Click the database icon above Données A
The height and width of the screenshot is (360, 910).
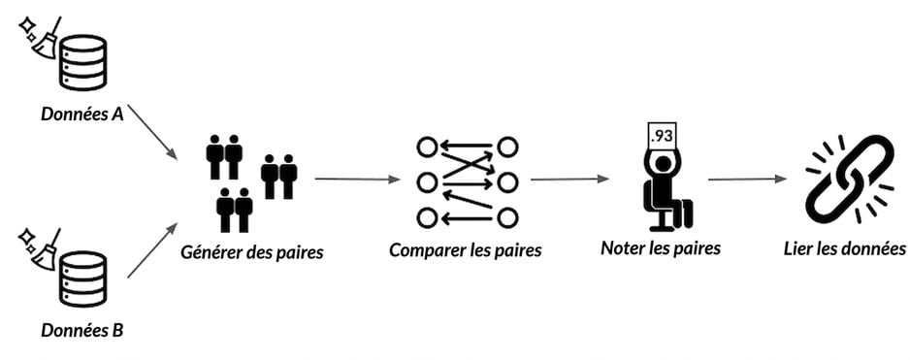click(x=84, y=62)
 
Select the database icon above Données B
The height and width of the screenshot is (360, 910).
click(x=84, y=278)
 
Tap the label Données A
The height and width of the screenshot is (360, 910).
click(x=81, y=114)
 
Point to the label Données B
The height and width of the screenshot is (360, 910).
click(x=81, y=331)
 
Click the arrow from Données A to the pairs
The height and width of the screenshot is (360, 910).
click(x=152, y=132)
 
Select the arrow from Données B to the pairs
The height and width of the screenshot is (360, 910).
click(x=152, y=249)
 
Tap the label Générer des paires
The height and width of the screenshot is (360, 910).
click(x=252, y=253)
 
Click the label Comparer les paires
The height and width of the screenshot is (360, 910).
click(x=466, y=251)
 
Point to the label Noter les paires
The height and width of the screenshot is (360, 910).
click(x=661, y=248)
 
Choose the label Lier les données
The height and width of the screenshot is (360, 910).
click(x=844, y=248)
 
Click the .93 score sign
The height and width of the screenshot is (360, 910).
click(x=663, y=137)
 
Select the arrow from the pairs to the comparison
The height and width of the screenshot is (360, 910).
click(x=357, y=180)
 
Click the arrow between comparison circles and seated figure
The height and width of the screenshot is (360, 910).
click(x=569, y=180)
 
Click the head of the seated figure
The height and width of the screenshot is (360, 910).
click(x=663, y=166)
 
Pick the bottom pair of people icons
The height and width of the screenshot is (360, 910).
click(x=235, y=210)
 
